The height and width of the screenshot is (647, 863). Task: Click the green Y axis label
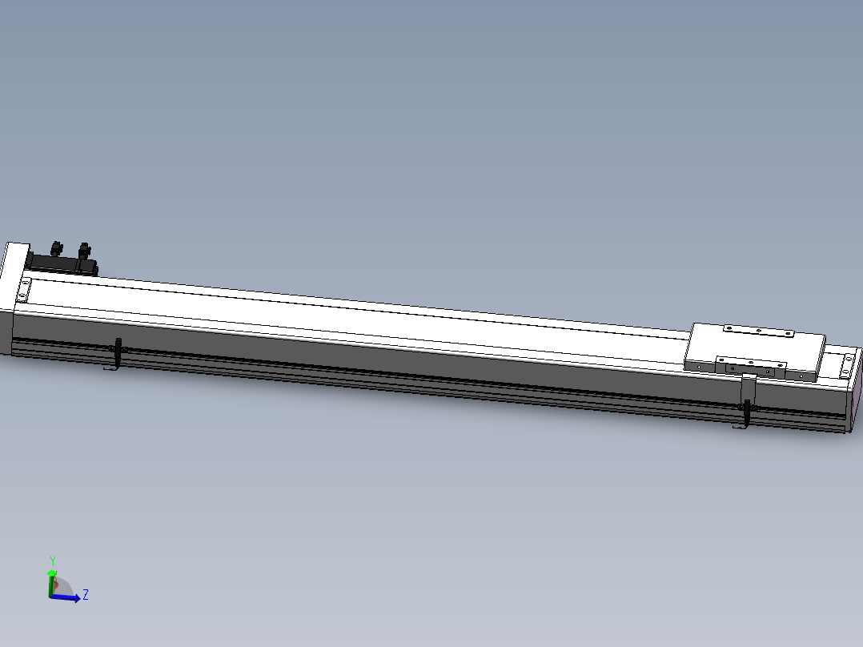[53, 561]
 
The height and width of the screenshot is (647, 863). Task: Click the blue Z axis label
[86, 595]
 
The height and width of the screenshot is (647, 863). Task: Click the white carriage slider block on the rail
[754, 352]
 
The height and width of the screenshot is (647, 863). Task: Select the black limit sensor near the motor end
[118, 352]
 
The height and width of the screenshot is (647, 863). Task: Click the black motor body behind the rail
[62, 263]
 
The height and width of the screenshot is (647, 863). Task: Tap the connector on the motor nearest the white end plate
[57, 248]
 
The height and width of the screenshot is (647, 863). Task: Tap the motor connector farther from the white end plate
[84, 251]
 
